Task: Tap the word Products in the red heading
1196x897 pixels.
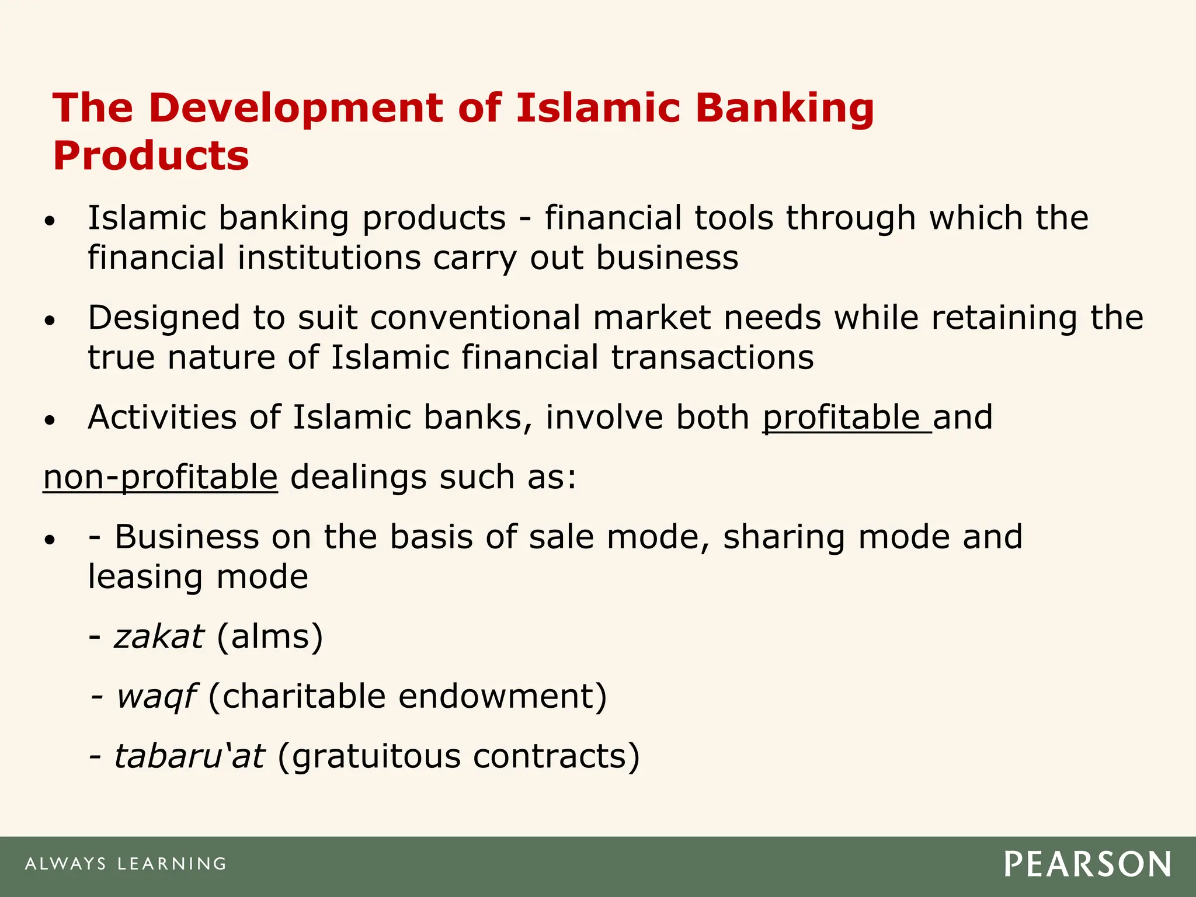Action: (151, 156)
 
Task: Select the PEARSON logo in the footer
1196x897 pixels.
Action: (1087, 864)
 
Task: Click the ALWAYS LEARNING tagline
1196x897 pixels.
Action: (126, 864)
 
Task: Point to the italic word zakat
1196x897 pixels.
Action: (159, 637)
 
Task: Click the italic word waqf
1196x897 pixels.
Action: (156, 697)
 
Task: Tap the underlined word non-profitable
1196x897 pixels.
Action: (161, 477)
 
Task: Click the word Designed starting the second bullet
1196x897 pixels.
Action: (164, 318)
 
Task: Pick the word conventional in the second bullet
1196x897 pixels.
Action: (475, 318)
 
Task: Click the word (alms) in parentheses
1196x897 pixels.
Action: (270, 637)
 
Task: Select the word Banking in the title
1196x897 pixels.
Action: (784, 109)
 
